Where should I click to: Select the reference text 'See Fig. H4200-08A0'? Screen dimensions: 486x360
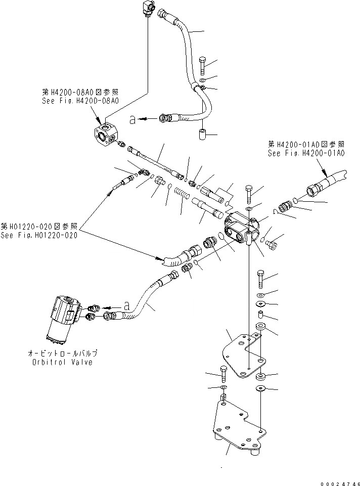click(81, 101)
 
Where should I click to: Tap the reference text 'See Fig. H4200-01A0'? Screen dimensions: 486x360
click(306, 153)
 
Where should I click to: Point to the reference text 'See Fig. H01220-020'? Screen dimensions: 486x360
click(39, 235)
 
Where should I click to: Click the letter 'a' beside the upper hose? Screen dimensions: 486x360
click(132, 119)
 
